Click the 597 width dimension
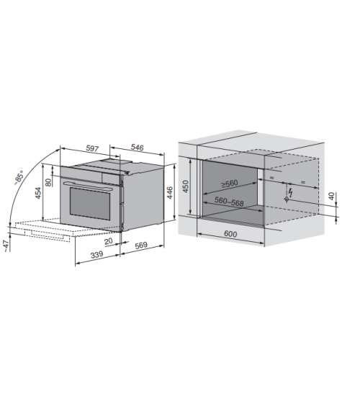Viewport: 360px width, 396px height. (x=92, y=148)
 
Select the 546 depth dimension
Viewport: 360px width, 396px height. (x=138, y=148)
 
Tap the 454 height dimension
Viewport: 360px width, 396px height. (x=38, y=193)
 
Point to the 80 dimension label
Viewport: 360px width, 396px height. (x=48, y=182)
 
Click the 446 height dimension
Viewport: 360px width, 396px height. (x=169, y=192)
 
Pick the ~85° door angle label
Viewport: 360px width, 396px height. (x=19, y=178)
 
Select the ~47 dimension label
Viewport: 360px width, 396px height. (x=6, y=246)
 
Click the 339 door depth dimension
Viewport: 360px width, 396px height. (x=97, y=254)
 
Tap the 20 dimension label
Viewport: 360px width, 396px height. (x=109, y=241)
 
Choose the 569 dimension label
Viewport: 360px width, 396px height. (x=141, y=245)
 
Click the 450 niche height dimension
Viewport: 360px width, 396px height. (x=186, y=186)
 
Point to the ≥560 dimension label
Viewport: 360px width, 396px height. (x=230, y=184)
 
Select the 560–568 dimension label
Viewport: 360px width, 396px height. (x=229, y=202)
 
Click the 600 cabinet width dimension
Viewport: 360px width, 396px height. (x=230, y=234)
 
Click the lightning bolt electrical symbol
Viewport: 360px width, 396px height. (x=291, y=192)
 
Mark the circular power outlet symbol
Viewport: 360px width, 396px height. (x=287, y=199)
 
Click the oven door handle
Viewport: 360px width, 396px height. (x=88, y=186)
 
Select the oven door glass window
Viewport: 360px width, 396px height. (x=90, y=203)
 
